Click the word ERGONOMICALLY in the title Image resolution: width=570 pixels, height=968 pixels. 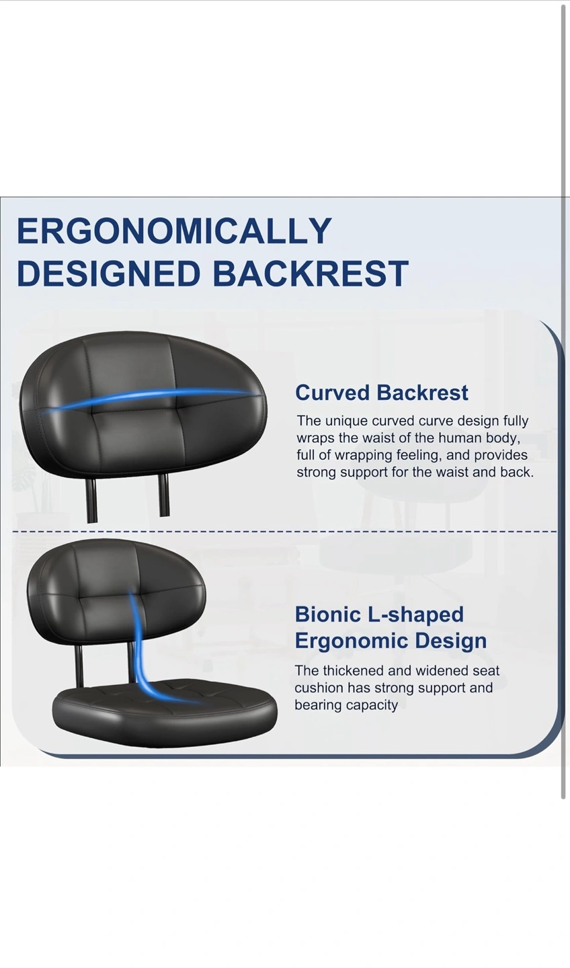click(174, 231)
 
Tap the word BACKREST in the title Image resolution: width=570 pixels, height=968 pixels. click(311, 273)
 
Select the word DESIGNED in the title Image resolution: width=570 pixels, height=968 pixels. click(110, 273)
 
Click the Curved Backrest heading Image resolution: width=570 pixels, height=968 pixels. click(382, 393)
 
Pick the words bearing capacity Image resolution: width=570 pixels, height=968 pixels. click(345, 705)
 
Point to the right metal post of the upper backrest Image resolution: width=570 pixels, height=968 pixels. click(164, 495)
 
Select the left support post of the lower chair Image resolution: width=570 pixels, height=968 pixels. click(79, 668)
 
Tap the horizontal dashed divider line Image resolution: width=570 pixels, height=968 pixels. click(284, 531)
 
